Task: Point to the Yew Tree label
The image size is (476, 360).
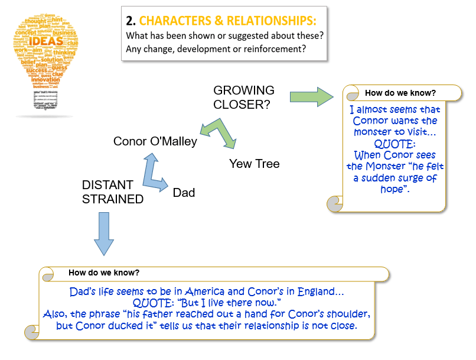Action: [x=255, y=163]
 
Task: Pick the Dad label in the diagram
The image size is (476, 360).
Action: [x=184, y=193]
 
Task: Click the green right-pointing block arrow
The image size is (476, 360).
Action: [x=312, y=96]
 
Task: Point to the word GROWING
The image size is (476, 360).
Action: [x=244, y=90]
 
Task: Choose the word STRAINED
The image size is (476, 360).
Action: [x=113, y=199]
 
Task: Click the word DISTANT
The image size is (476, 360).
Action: [x=107, y=185]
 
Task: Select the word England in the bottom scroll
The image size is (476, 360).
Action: [x=318, y=291]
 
